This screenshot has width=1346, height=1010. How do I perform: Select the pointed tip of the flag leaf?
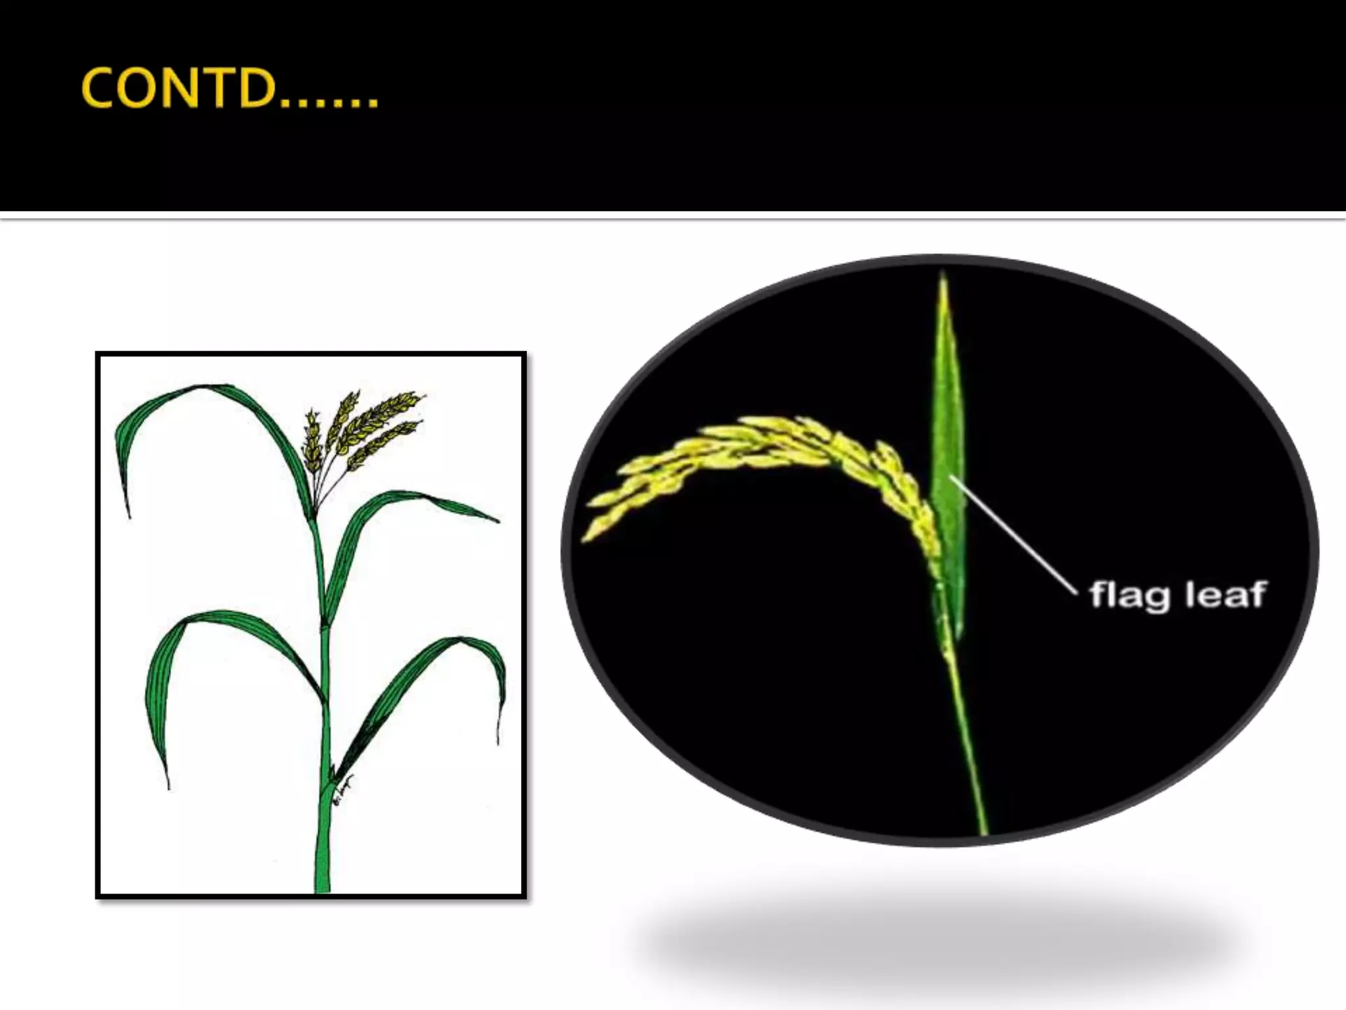tap(942, 279)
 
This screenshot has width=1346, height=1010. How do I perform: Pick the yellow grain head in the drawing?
tap(365, 427)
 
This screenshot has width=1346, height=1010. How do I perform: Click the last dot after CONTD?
tap(373, 104)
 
